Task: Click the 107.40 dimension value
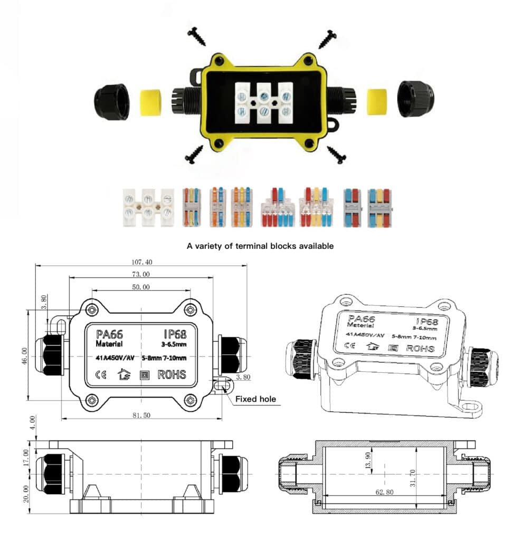pos(141,262)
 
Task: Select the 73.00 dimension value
pos(141,274)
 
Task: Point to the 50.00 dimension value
pos(141,287)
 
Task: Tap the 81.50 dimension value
pos(141,416)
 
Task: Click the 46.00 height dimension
pos(24,356)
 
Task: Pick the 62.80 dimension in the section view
pos(384,492)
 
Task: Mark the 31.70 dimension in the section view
pos(412,478)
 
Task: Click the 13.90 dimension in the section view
pos(368,460)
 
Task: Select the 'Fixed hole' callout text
pos(255,399)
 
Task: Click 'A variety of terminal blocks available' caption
pos(260,246)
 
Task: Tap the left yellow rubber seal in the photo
pos(150,102)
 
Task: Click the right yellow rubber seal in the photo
pos(377,102)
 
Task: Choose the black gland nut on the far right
pos(415,99)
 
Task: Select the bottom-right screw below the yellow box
pos(337,155)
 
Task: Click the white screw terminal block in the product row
pos(148,207)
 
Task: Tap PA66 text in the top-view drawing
pos(109,334)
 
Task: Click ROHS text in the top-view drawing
pos(172,374)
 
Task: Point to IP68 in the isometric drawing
pos(427,321)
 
